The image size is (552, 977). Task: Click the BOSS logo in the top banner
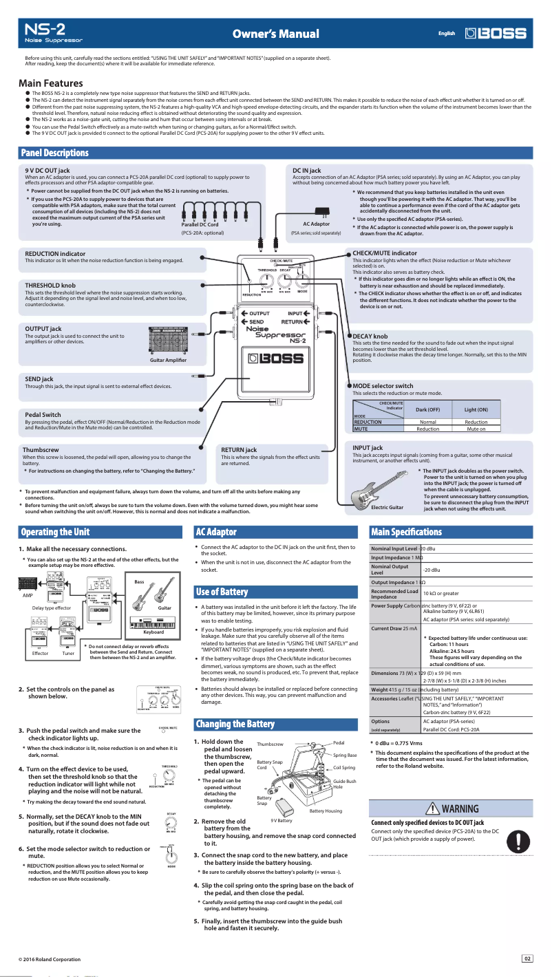496,34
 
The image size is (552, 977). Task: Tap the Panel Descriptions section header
55,152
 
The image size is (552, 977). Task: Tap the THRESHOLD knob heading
50,285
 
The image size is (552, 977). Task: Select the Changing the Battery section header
235,724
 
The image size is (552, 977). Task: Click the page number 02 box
527,958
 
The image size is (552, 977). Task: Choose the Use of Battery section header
222,592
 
